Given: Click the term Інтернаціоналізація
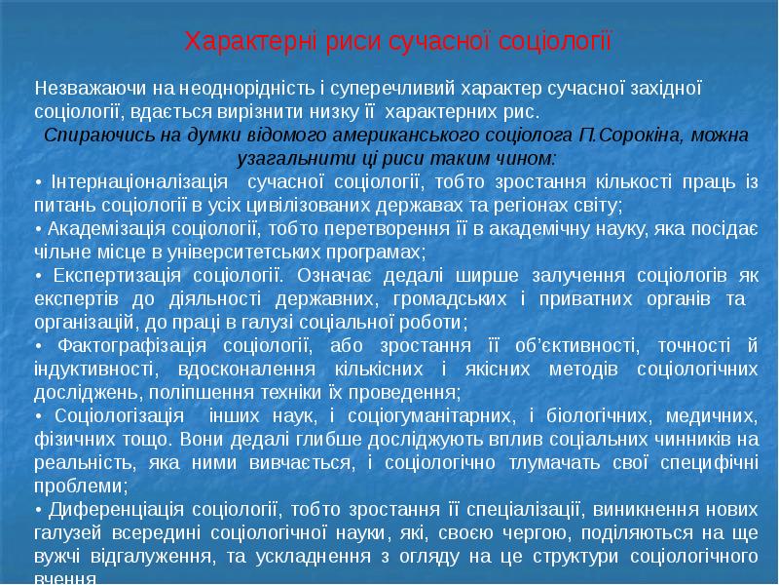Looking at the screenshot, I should [138, 182].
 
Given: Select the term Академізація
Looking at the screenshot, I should [100, 229].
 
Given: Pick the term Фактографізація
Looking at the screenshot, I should [131, 346].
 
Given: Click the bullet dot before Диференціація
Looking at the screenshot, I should [37, 511].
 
